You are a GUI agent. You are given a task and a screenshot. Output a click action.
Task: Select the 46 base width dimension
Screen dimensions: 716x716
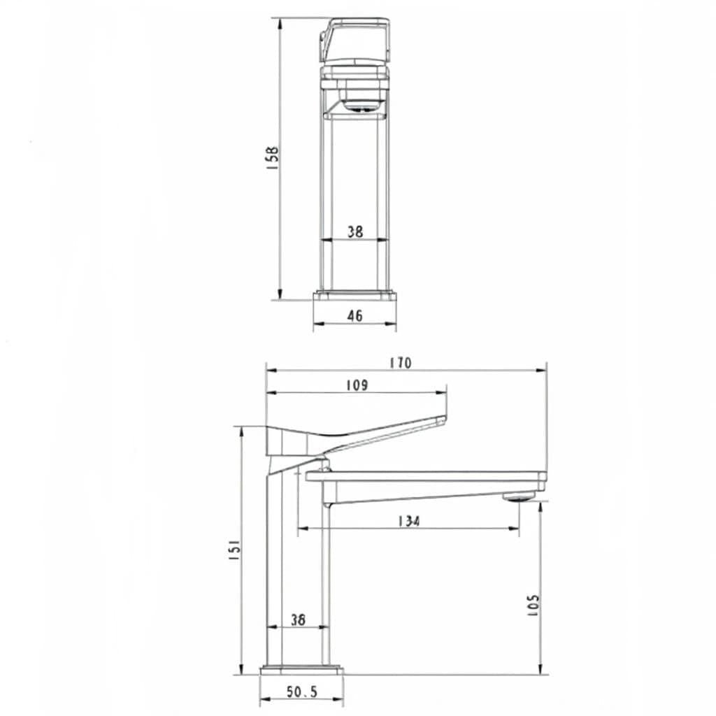[x=355, y=315]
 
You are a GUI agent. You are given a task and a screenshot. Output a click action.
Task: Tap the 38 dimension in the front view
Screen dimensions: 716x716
[x=355, y=231]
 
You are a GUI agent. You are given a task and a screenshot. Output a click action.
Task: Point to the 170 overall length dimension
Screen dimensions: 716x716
[x=401, y=363]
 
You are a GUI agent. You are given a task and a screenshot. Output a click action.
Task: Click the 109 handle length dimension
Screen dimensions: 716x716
[x=356, y=385]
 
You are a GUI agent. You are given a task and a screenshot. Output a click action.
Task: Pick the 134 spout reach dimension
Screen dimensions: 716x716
[x=408, y=520]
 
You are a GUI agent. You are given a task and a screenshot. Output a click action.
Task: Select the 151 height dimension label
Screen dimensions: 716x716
[x=235, y=550]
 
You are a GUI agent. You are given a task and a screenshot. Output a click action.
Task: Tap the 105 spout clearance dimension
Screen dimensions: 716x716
[x=533, y=606]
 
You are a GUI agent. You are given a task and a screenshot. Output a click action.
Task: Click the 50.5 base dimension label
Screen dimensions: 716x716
[x=302, y=692]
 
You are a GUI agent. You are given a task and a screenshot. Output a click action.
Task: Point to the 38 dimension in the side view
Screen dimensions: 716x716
[x=298, y=619]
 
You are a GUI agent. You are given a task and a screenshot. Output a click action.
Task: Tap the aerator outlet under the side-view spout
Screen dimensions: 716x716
[x=518, y=497]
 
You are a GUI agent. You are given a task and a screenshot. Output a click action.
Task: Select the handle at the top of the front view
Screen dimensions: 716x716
[x=355, y=41]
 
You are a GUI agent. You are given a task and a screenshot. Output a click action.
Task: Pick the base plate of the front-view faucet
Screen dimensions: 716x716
[x=355, y=296]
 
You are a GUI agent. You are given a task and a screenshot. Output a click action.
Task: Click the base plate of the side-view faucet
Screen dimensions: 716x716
[x=302, y=671]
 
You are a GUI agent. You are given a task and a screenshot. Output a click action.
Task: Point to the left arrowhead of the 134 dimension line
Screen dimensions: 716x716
[x=301, y=529]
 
